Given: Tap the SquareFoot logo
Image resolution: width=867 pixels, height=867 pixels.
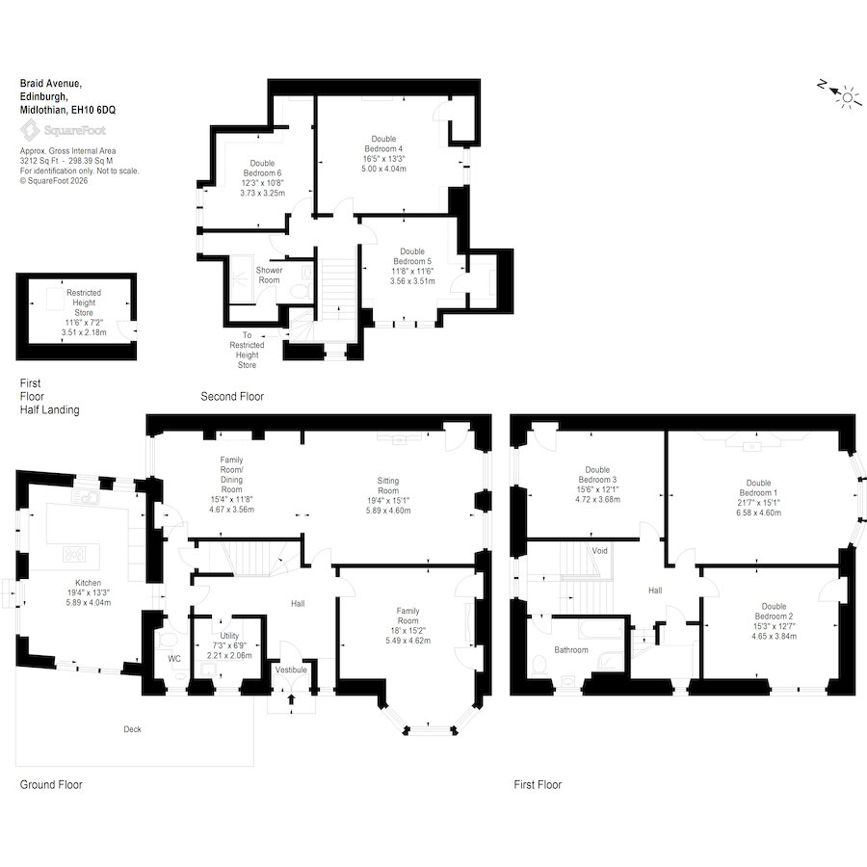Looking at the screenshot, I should [64, 129].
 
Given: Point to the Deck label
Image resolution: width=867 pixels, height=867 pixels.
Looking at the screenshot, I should [132, 729].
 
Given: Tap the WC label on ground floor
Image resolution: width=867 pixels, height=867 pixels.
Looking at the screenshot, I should [174, 659].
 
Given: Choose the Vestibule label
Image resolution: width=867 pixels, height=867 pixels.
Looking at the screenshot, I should [291, 670].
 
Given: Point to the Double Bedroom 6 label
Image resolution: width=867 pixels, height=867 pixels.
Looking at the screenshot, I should [262, 168].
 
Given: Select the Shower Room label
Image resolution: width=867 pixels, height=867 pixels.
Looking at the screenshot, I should [269, 275].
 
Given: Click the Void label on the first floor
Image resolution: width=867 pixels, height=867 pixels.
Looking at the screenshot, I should [600, 551].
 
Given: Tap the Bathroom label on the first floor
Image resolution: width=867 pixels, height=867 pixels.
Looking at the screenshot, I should [571, 650].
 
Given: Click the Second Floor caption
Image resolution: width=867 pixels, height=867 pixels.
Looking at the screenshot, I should [232, 397].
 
